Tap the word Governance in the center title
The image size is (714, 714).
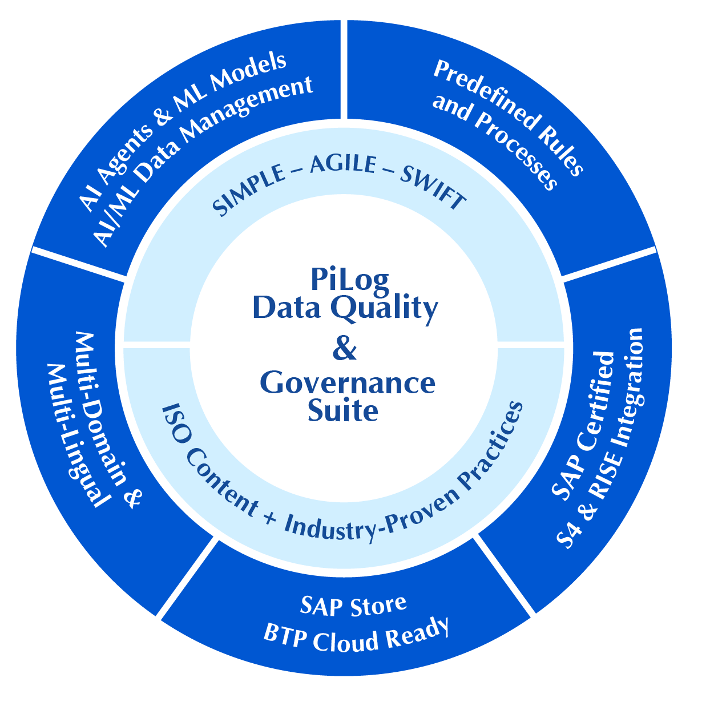(348, 383)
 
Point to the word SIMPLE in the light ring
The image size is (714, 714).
(249, 190)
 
